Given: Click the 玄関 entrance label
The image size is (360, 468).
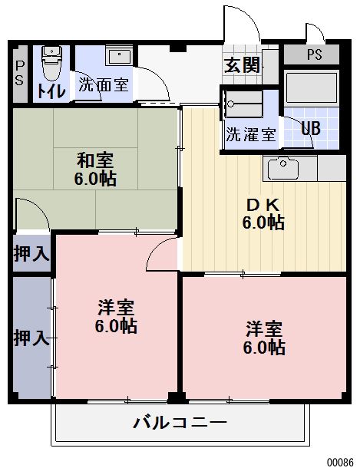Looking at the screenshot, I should tap(242, 65).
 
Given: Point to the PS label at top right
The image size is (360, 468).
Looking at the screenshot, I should tap(315, 55).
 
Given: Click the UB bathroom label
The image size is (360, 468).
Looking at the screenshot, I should tap(310, 128).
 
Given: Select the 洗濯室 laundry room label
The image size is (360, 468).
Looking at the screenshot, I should tap(250, 134).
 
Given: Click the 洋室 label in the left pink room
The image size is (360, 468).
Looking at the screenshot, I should tap(117, 308).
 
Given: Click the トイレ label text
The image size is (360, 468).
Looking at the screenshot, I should tap(50, 90).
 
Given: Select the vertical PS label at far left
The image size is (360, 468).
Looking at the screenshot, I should tap(20, 73).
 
